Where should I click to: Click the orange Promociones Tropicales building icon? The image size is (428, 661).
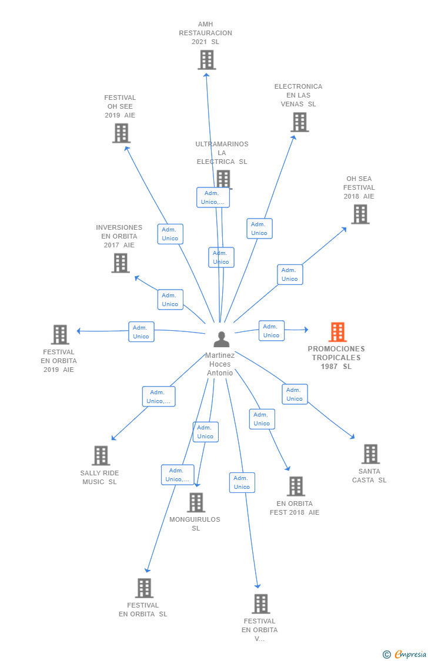coord(337,332)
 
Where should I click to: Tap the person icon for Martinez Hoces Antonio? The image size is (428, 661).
coord(222,339)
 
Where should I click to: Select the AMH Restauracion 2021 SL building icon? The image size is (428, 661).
coord(206,60)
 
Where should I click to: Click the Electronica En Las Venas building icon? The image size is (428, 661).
coord(300,122)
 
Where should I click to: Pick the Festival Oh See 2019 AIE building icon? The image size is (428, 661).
coord(121,133)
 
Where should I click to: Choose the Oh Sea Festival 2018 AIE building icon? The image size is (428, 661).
coord(360,214)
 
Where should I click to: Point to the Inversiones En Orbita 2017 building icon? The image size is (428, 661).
coord(120,263)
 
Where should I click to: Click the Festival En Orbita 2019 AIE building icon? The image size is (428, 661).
coord(60,335)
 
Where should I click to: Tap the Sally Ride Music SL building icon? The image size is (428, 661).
coord(101,456)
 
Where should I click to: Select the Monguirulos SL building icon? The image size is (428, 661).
coord(196,502)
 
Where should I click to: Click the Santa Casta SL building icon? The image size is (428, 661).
coord(370,454)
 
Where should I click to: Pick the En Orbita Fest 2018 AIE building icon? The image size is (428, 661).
coord(296,486)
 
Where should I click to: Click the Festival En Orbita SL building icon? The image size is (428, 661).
coord(144,588)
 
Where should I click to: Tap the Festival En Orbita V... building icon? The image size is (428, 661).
coord(260,603)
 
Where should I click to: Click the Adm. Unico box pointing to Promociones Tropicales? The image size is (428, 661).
coord(272,331)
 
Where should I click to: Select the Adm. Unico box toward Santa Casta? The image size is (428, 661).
coord(295,394)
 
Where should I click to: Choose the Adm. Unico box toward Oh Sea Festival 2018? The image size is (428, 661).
coord(290,274)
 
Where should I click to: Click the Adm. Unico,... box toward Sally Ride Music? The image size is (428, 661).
coord(159,397)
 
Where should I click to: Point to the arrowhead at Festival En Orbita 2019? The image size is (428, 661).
coord(79,331)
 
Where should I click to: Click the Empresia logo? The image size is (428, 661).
coord(404,655)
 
